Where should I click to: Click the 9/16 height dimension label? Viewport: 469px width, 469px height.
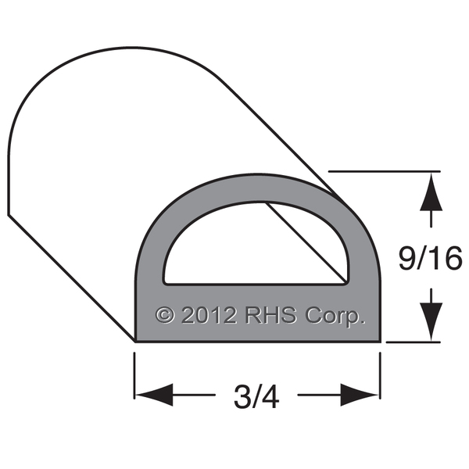click(431, 258)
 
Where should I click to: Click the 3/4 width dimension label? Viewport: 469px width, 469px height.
click(256, 397)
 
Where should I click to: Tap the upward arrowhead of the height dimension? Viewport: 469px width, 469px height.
click(431, 192)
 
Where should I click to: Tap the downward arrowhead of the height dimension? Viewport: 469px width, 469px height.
click(431, 321)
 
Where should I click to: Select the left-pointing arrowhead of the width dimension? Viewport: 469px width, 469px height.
click(154, 395)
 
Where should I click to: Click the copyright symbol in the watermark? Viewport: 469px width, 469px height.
click(165, 315)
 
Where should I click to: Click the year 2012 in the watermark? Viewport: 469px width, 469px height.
click(209, 315)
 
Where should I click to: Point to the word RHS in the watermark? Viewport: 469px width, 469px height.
click(271, 315)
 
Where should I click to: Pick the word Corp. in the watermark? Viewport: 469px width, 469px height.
click(335, 317)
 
